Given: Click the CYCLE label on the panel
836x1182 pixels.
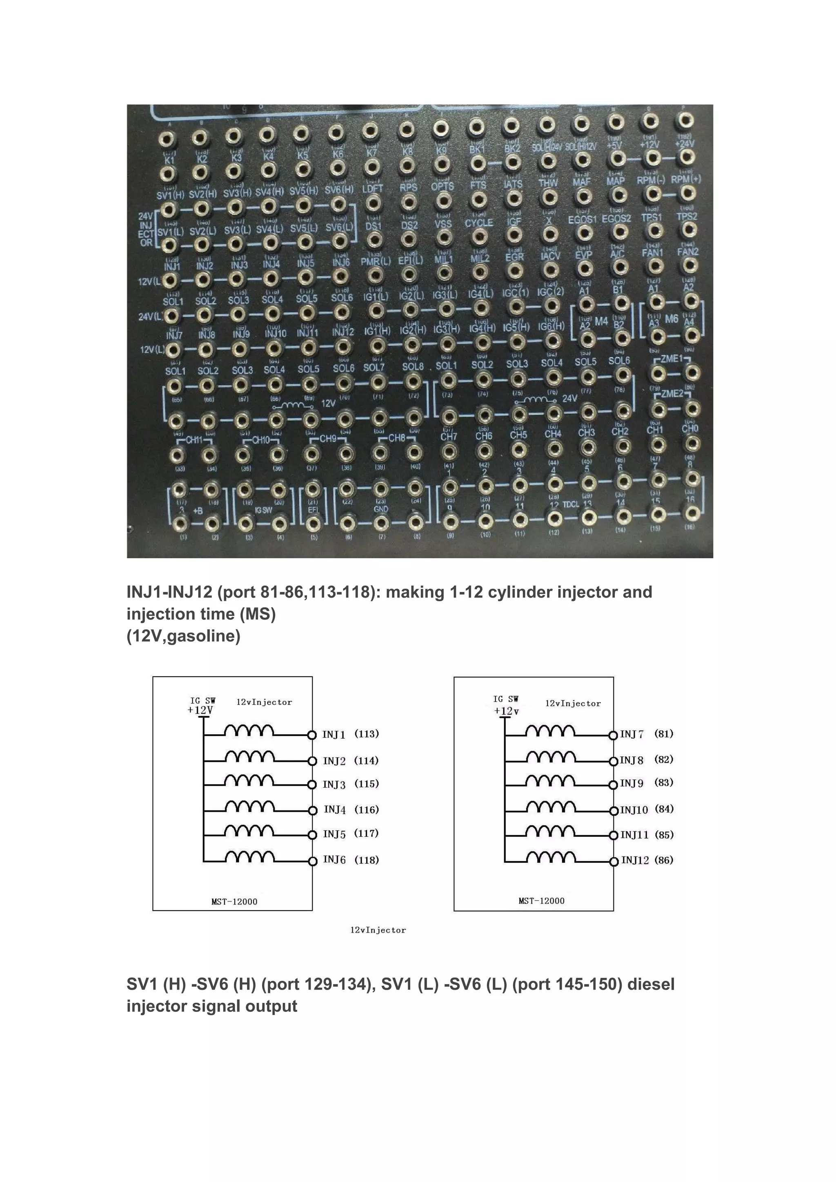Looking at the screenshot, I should point(479,223).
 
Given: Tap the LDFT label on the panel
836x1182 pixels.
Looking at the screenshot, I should point(373,189).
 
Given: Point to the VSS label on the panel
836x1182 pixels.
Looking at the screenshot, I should point(443,224).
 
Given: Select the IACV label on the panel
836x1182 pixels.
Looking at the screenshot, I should point(550,256).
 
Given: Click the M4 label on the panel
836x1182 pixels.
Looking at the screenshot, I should point(601,321).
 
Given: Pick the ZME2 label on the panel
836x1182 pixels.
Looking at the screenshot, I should point(672,394).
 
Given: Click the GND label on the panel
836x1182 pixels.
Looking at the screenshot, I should point(381,509).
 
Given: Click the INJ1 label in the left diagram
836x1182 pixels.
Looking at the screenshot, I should point(334,735).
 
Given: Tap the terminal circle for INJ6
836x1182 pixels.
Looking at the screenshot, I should point(312,861).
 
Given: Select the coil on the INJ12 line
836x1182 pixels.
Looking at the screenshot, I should point(551,857).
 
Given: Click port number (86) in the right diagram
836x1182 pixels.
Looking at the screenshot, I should point(664,860).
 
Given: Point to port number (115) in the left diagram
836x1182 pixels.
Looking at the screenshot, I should point(367,784).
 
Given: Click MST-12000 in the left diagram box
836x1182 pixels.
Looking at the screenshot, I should point(234,902).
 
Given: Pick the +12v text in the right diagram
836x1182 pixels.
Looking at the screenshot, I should point(507,711).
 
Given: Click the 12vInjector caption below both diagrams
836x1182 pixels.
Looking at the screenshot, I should point(378,930).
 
